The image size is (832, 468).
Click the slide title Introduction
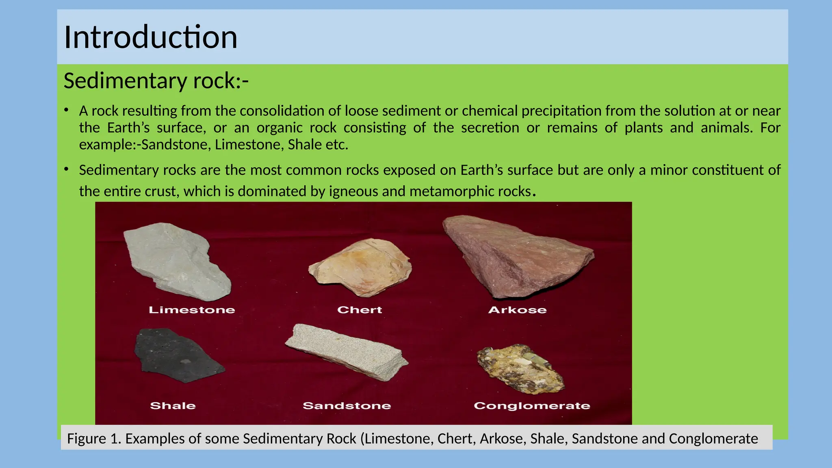pyautogui.click(x=150, y=37)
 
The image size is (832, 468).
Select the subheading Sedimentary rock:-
pyautogui.click(x=156, y=81)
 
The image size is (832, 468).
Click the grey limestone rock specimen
pyautogui.click(x=177, y=262)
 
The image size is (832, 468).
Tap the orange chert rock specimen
pyautogui.click(x=362, y=268)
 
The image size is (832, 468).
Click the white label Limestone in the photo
pyautogui.click(x=192, y=310)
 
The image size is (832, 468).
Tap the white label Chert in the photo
pyautogui.click(x=360, y=310)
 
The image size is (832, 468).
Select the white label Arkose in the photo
pyautogui.click(x=517, y=310)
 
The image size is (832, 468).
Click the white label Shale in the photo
pyautogui.click(x=173, y=405)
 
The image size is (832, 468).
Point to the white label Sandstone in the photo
pyautogui.click(x=347, y=405)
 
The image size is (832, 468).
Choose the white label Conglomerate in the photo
pyautogui.click(x=532, y=405)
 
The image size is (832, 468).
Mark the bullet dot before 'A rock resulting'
pyautogui.click(x=66, y=110)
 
